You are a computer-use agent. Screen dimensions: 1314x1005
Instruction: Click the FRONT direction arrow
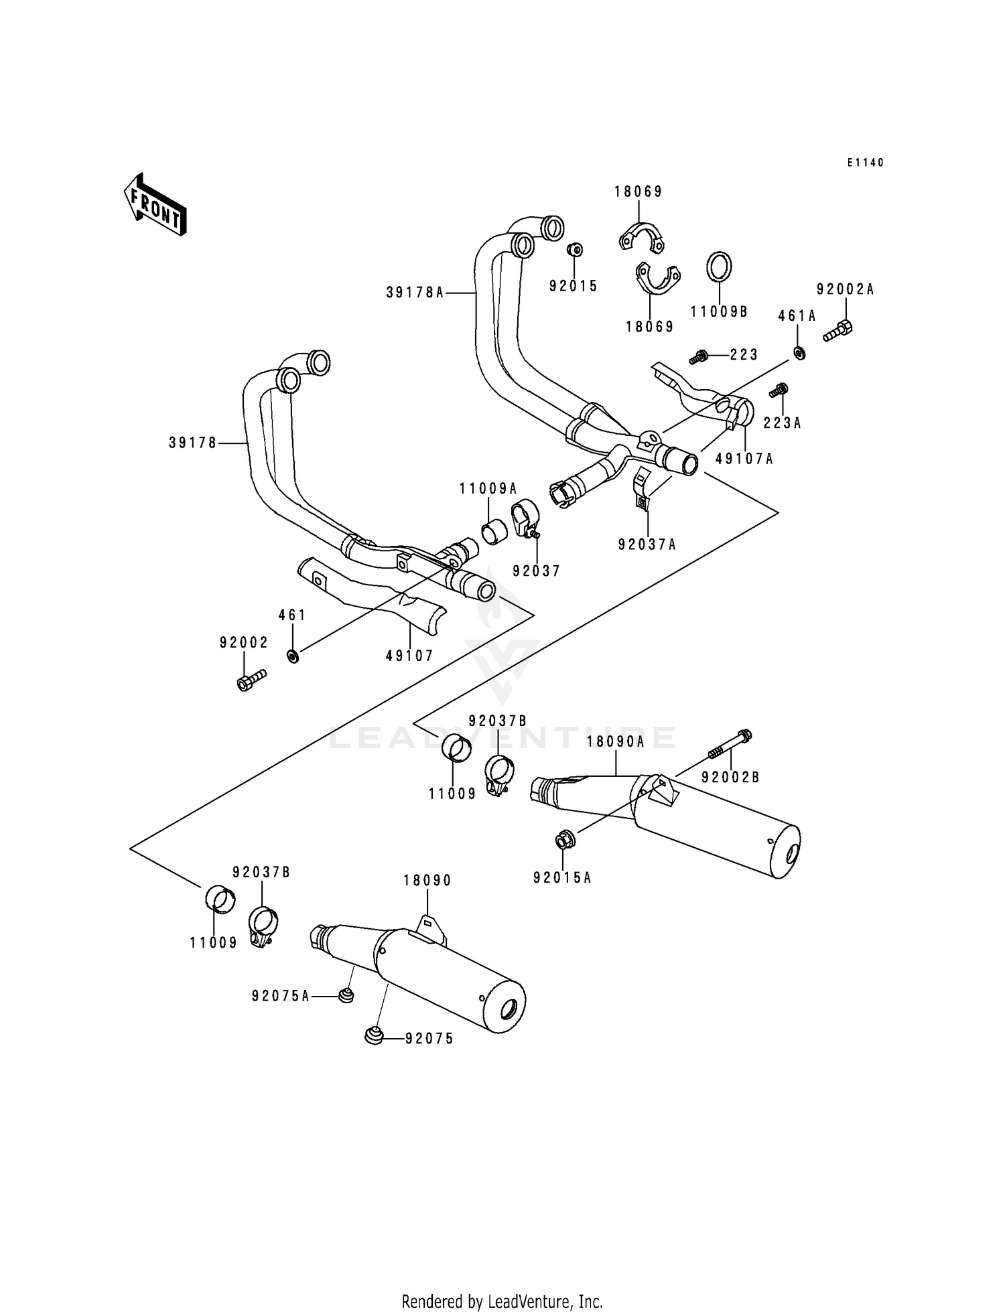tap(155, 204)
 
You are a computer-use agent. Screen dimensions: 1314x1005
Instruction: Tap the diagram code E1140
tap(865, 163)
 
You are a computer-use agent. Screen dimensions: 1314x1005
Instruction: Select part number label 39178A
tap(415, 293)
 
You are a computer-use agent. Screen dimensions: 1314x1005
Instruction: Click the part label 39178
tap(193, 443)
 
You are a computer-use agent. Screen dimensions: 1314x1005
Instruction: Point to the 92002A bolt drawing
tap(837, 331)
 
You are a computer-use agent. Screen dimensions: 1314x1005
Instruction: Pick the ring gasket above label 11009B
tap(719, 267)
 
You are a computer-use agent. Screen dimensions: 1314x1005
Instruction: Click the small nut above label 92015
tap(574, 250)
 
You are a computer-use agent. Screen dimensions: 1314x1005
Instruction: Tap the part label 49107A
tap(744, 459)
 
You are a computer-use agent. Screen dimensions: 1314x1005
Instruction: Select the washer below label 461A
tap(799, 352)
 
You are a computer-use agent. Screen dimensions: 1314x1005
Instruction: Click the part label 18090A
tap(615, 741)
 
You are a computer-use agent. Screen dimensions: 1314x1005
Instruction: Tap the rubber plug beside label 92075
tap(373, 1036)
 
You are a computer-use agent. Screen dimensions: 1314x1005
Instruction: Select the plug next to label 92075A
tap(345, 996)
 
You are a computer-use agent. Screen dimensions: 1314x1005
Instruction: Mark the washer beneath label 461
tap(292, 656)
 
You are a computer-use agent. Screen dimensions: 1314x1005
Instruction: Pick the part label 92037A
tap(647, 544)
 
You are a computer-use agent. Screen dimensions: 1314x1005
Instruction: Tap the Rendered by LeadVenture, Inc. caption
tap(502, 1301)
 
